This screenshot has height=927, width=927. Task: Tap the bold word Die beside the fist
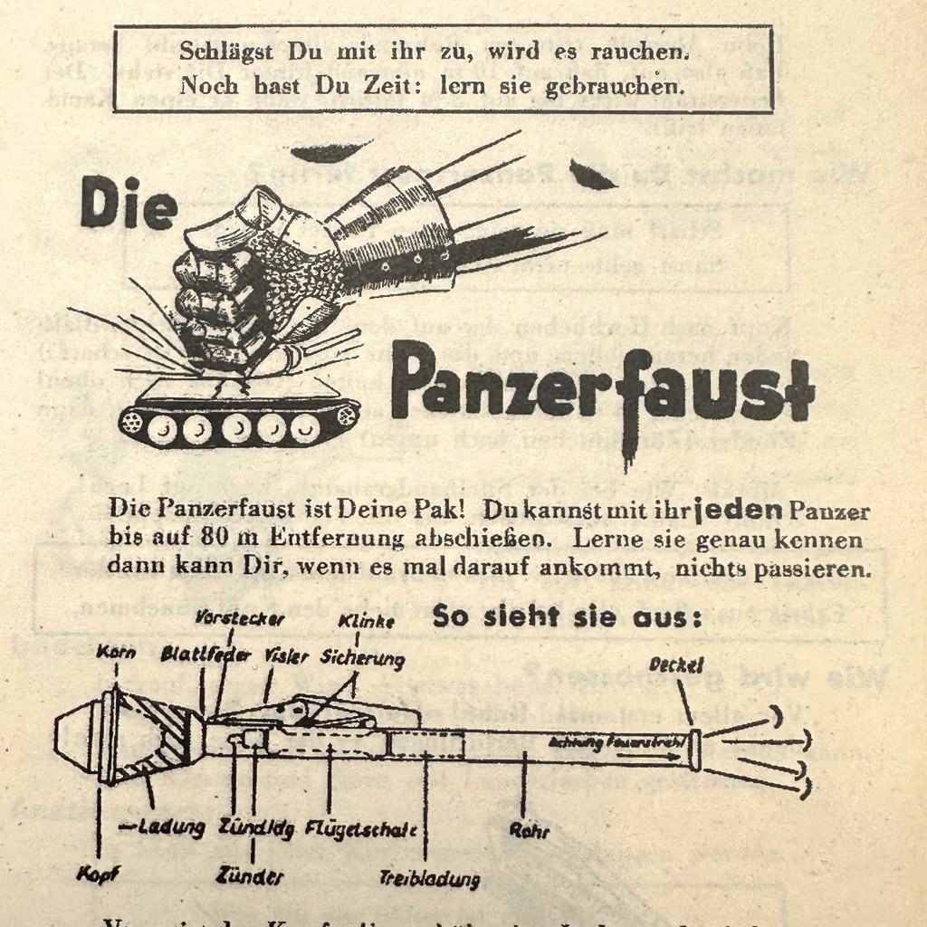(x=128, y=203)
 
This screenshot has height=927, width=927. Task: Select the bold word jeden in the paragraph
(x=739, y=510)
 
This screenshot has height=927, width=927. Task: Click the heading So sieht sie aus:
(x=567, y=616)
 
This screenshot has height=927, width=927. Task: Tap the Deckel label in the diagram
(x=676, y=665)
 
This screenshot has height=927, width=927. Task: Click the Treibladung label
(x=430, y=878)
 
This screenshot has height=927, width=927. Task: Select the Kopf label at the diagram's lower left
(x=99, y=875)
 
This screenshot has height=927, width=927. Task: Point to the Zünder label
(x=251, y=875)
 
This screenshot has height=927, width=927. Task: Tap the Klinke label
(x=365, y=622)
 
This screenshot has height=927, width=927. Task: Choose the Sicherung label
(x=362, y=658)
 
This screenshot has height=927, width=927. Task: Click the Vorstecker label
(x=240, y=619)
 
